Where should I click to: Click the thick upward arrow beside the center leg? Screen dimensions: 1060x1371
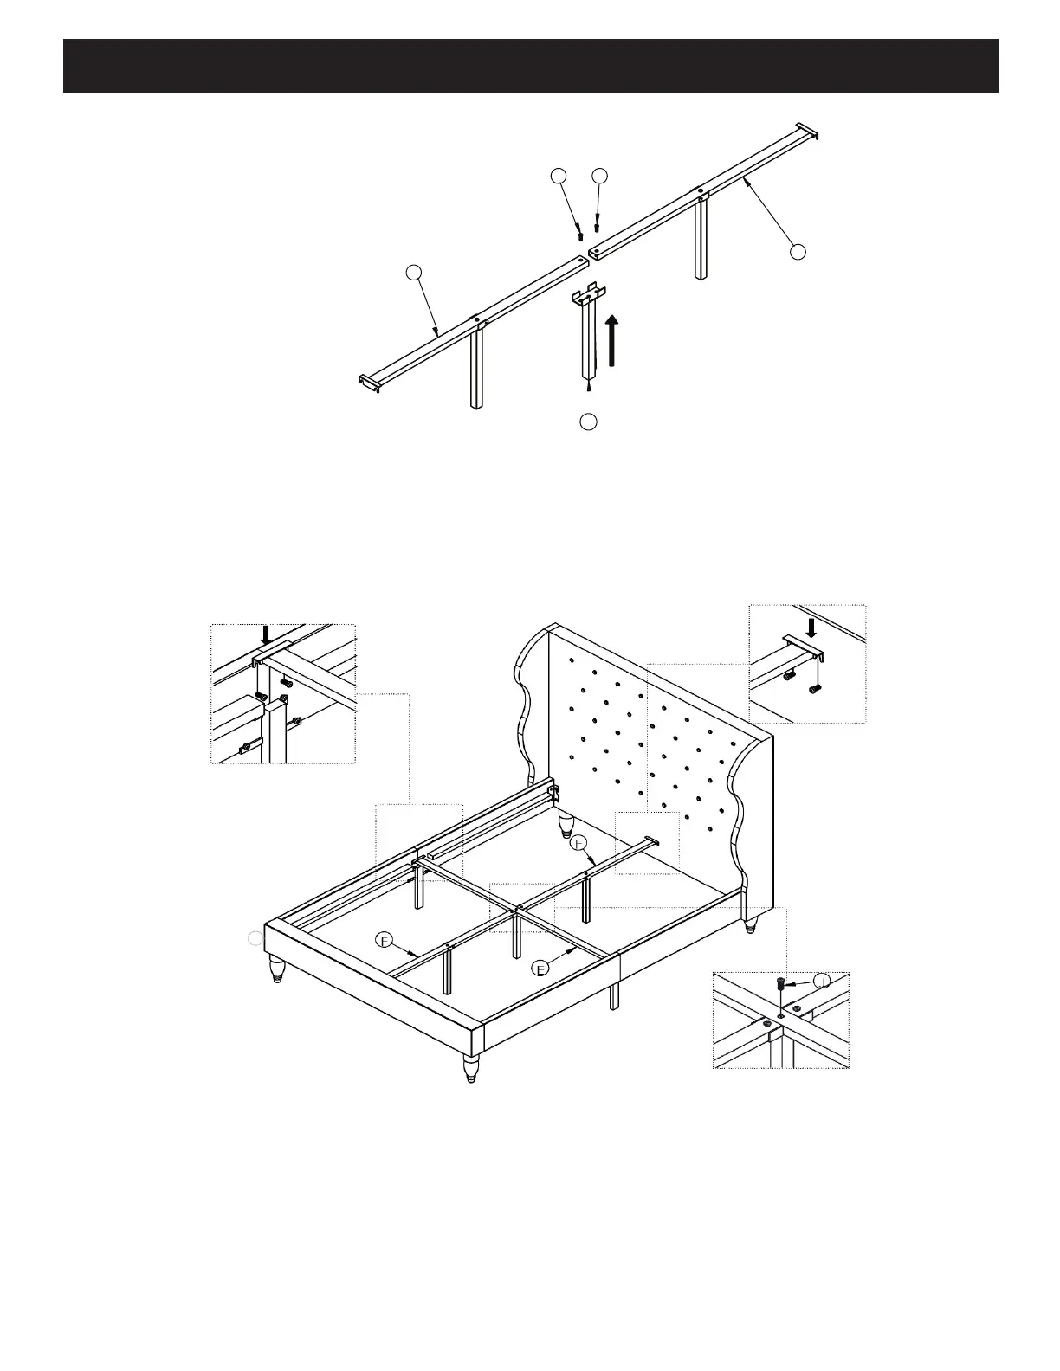pos(612,341)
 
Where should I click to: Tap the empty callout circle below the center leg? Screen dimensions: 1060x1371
pos(588,422)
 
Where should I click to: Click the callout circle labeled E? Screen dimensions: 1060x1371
pos(540,969)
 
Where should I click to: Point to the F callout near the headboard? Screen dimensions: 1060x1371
pos(579,842)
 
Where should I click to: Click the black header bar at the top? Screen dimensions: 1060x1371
pos(530,66)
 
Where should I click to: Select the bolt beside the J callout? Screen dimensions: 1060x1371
pos(782,984)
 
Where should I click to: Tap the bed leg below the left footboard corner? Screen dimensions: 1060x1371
pos(277,969)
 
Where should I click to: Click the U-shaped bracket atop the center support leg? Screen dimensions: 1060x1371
pos(588,294)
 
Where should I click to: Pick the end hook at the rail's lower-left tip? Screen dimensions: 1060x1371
pos(370,381)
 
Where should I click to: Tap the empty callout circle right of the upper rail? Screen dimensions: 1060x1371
pos(798,251)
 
